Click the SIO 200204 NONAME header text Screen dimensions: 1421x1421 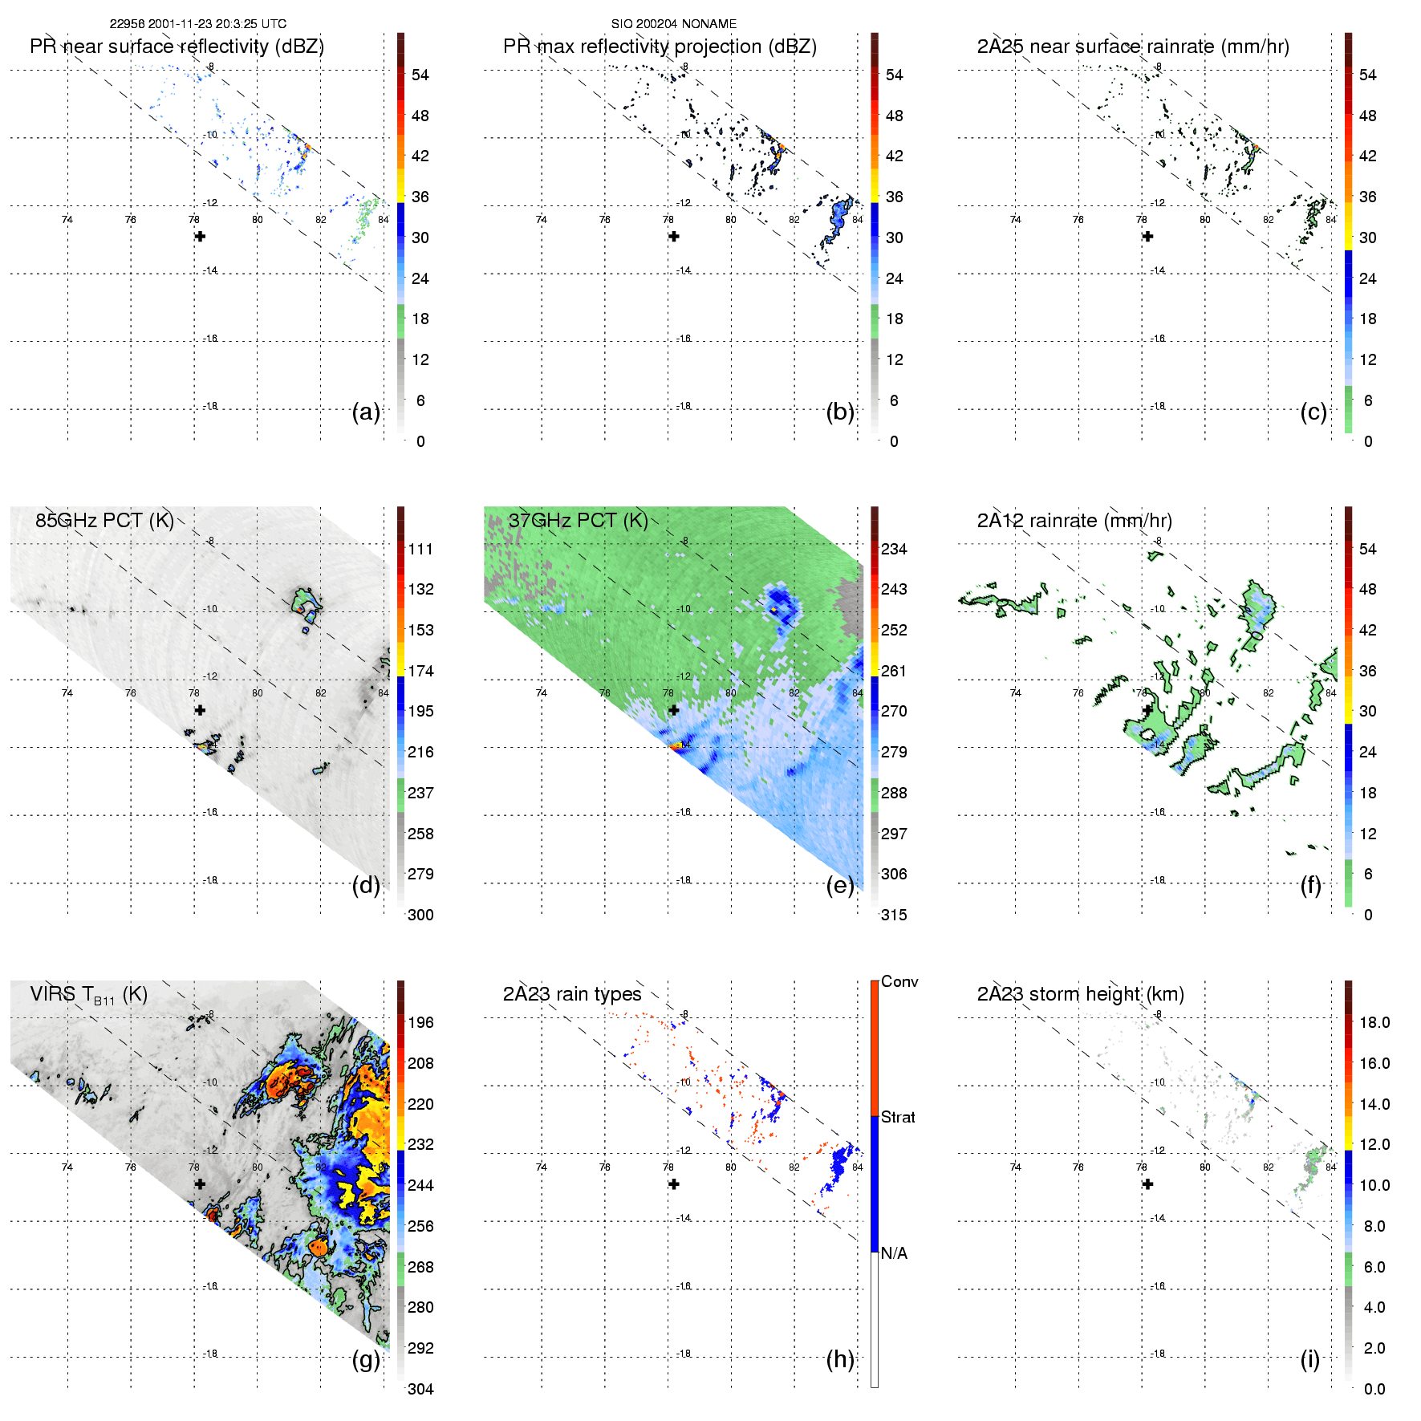tap(673, 24)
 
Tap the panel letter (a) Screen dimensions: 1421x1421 tap(366, 412)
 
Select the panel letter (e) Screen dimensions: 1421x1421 tap(840, 886)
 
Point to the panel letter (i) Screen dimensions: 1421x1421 tap(1309, 1359)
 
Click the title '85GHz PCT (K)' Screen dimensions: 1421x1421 tap(104, 520)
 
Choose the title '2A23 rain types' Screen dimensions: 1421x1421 tap(572, 994)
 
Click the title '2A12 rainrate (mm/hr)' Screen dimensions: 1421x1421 tap(1074, 521)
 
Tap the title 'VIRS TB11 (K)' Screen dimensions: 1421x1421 tap(89, 995)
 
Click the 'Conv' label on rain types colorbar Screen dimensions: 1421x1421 tap(899, 981)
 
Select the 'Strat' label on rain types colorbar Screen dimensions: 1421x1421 tap(898, 1117)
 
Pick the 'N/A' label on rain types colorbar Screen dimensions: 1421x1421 tap(894, 1253)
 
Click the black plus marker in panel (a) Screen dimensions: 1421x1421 tap(200, 236)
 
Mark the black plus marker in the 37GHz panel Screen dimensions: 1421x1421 tap(674, 710)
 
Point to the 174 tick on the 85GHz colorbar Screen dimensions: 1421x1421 tap(420, 671)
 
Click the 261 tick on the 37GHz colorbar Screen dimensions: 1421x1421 tap(894, 671)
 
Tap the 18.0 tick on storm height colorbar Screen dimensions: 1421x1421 tap(1374, 1022)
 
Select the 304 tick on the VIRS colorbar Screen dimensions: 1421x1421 tap(420, 1389)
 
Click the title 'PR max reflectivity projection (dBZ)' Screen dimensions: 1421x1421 tap(660, 47)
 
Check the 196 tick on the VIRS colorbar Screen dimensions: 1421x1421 tap(420, 1022)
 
